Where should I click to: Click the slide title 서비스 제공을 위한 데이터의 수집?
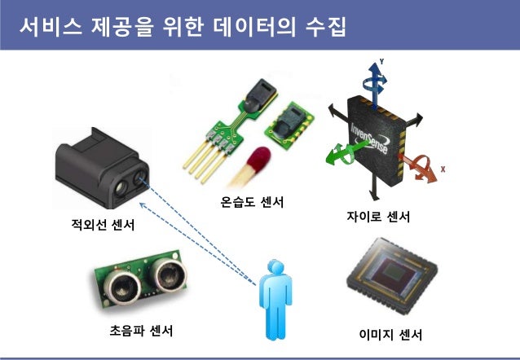[x=183, y=27]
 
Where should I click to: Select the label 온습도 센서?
[x=253, y=201]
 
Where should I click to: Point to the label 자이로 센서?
[x=378, y=217]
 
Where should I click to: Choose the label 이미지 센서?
[x=390, y=335]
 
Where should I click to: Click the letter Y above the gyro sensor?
[x=381, y=62]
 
